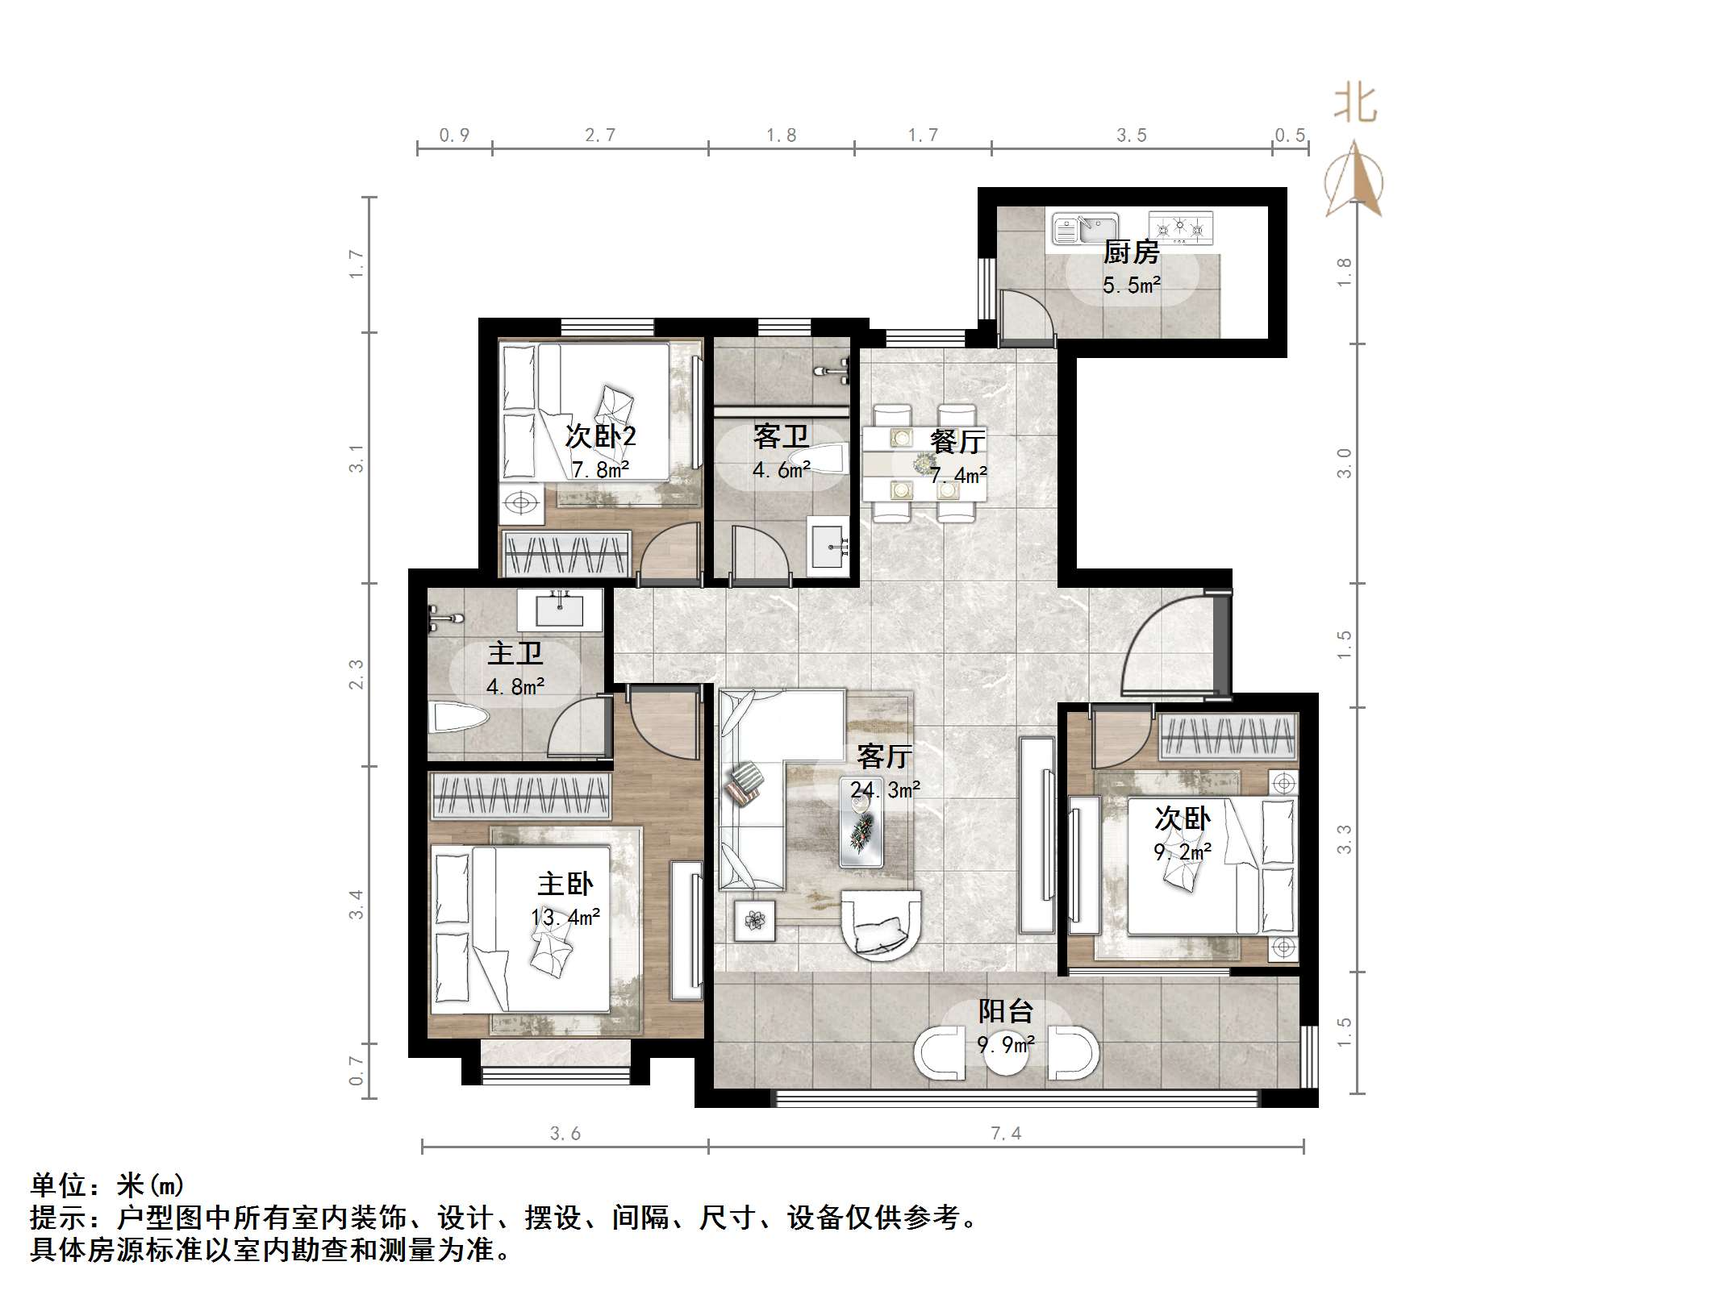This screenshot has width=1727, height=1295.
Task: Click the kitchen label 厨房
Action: (1131, 252)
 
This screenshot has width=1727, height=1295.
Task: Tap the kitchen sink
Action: (1085, 228)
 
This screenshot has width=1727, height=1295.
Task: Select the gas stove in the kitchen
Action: (1180, 228)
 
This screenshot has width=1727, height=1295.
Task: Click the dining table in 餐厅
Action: (924, 464)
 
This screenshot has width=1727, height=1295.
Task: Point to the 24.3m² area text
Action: (885, 790)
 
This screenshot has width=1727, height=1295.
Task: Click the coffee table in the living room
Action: (861, 839)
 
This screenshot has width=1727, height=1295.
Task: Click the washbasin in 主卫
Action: (559, 610)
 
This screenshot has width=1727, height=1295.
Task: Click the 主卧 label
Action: (565, 884)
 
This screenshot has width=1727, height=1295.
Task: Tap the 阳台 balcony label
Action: (1005, 1011)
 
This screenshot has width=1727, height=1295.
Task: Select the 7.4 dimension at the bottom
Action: (1005, 1133)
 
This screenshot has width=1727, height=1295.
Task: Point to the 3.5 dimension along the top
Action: (1131, 135)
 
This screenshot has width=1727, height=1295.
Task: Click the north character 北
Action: (1355, 105)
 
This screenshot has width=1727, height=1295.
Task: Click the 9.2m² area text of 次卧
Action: (1183, 852)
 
